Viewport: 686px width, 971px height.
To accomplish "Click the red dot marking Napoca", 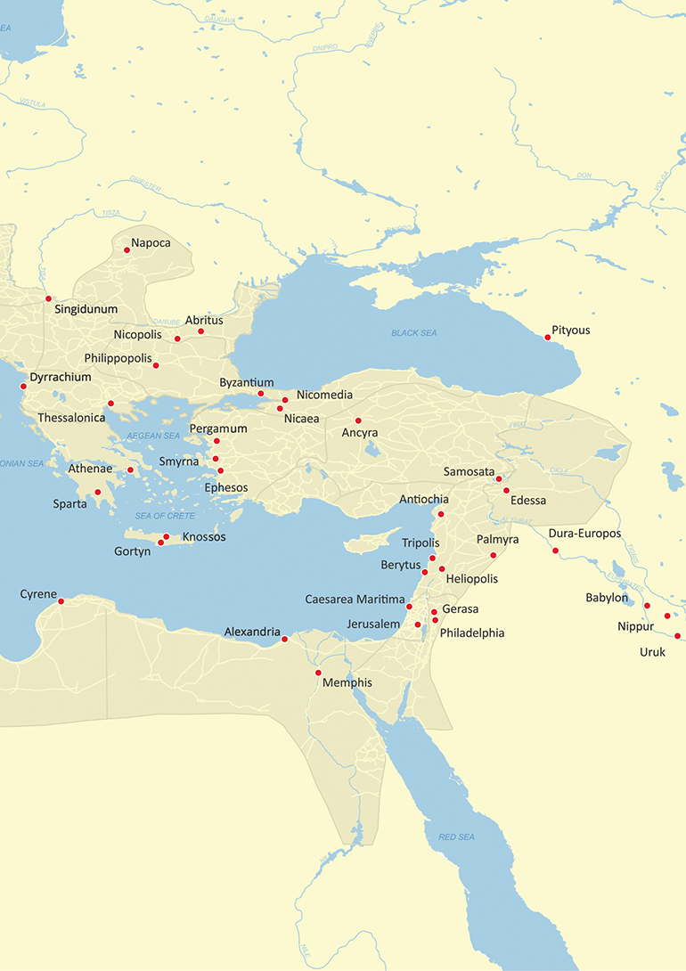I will (127, 250).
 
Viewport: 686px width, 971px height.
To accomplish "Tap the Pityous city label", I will (570, 330).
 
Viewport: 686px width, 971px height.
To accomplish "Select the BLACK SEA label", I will (413, 332).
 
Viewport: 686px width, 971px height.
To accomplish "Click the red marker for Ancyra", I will (358, 420).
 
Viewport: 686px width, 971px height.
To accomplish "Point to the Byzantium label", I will (246, 383).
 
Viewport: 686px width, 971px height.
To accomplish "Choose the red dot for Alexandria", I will (284, 639).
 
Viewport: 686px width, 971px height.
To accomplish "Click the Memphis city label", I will (348, 682).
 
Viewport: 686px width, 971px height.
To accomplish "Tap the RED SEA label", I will (456, 837).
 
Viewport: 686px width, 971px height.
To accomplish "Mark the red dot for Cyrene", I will (61, 601).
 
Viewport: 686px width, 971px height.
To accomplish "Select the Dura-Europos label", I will (584, 534).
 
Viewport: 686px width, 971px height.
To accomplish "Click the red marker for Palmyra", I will (493, 556).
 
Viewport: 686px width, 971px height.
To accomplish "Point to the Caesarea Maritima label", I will (354, 600).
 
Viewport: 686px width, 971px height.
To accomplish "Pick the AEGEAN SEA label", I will (153, 436).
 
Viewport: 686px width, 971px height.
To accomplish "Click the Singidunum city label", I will (86, 310).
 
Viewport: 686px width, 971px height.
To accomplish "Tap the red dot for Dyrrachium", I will (23, 387).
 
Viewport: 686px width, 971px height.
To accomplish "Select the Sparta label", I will (69, 504).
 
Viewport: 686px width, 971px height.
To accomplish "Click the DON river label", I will (584, 175).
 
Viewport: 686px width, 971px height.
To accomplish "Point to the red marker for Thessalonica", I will (110, 404).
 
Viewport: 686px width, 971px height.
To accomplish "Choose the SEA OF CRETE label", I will (164, 516).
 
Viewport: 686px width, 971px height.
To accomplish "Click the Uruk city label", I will (652, 652).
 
